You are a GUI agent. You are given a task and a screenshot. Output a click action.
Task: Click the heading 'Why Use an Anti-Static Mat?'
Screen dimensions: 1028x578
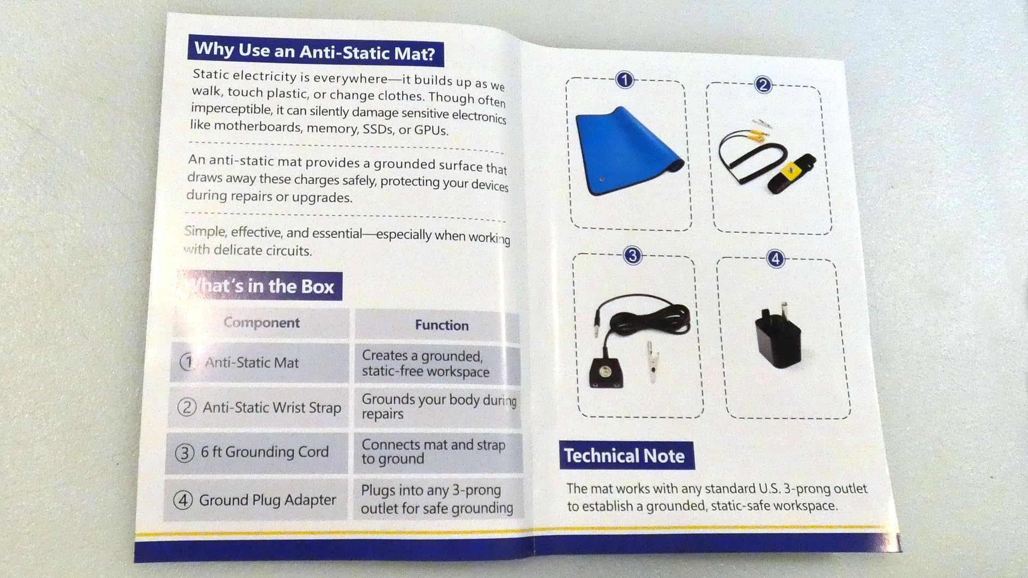click(x=315, y=51)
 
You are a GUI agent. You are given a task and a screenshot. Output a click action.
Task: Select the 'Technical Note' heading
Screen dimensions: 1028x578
click(x=626, y=455)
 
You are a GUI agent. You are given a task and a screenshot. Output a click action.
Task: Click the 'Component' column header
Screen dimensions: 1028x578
click(x=262, y=323)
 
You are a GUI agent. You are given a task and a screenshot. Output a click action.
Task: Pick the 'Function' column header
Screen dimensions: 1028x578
click(x=442, y=325)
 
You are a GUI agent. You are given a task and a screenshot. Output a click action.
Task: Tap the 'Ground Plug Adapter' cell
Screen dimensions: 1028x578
click(x=255, y=499)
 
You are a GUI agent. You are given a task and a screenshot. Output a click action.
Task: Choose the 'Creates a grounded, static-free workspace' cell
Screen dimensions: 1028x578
click(x=437, y=363)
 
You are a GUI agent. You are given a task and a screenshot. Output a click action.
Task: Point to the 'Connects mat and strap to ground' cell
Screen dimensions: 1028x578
click(x=437, y=451)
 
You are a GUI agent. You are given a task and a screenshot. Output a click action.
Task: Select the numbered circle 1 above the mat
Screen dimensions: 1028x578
click(x=625, y=80)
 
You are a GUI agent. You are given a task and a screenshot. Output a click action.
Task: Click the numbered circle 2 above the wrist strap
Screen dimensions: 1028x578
click(x=763, y=85)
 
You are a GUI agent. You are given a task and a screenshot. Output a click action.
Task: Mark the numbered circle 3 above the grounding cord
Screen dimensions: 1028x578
click(x=632, y=256)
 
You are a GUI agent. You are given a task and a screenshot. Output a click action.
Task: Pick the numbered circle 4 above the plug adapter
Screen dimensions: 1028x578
click(x=775, y=258)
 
